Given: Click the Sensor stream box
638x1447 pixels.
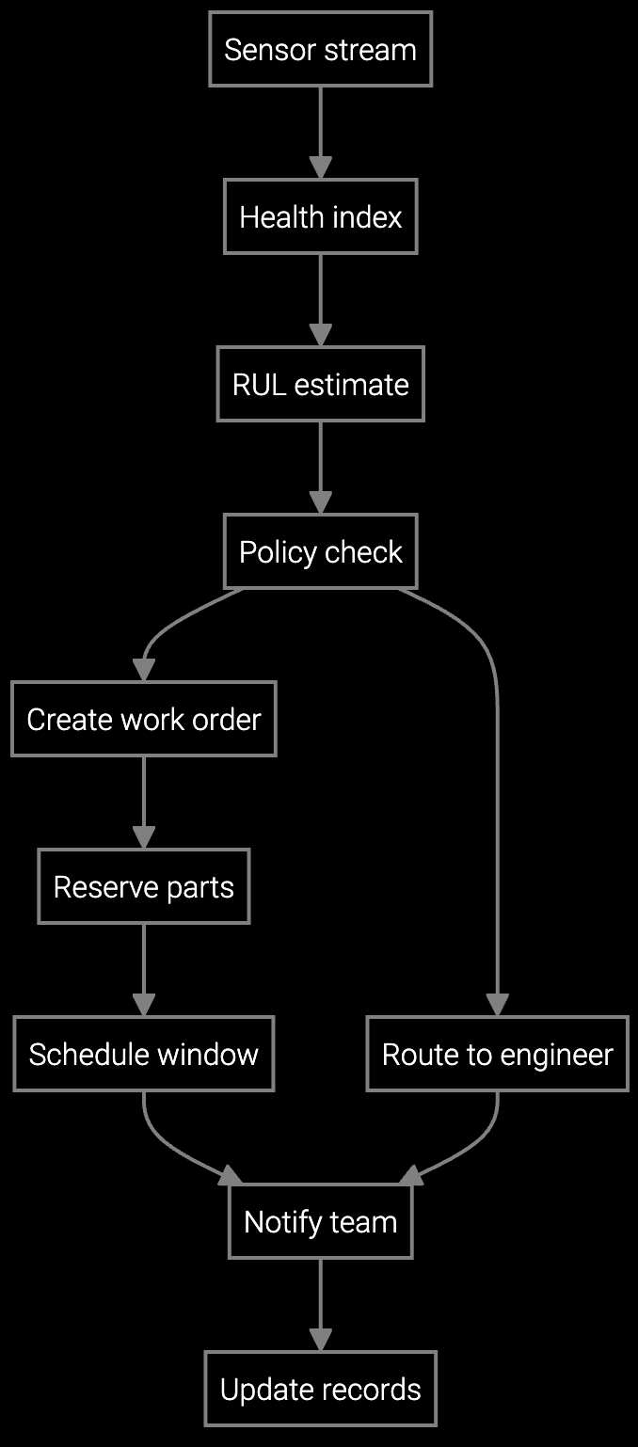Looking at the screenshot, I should (x=320, y=49).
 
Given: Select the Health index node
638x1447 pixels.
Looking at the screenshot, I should (x=320, y=216).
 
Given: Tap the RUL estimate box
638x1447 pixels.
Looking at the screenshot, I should (x=320, y=384).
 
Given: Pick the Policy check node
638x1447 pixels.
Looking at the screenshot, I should (x=320, y=551).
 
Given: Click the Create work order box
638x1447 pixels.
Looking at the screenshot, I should (x=144, y=719).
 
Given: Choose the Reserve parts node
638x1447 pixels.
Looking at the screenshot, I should (x=144, y=886).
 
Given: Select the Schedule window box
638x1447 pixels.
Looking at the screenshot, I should (x=144, y=1054).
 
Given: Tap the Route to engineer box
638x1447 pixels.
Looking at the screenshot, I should (x=497, y=1054).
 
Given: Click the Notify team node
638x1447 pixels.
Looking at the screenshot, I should (x=320, y=1221).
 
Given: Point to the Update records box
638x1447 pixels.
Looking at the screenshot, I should (x=320, y=1389).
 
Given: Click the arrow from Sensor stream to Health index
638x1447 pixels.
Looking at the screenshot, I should (x=320, y=132).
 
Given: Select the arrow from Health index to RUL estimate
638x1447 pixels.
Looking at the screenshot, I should (x=320, y=299).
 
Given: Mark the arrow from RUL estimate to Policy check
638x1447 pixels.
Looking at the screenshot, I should (x=320, y=467).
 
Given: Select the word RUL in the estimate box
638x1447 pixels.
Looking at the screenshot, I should (x=259, y=384).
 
